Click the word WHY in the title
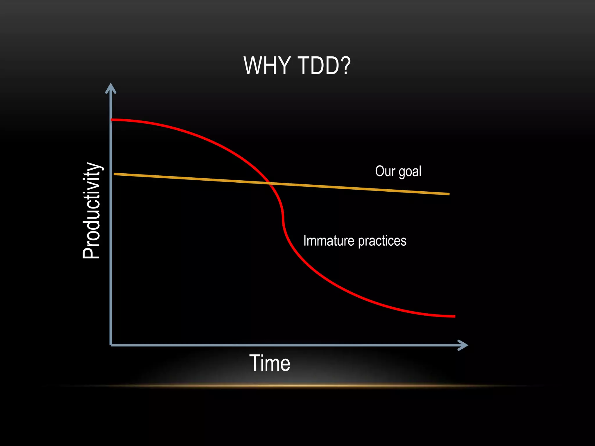266,66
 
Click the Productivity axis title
92,211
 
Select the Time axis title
270,363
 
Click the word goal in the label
410,172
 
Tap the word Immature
329,241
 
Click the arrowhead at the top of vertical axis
111,87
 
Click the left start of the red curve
112,120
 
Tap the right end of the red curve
454,316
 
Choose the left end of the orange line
114,174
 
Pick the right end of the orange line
449,194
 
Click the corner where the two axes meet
111,345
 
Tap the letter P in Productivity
92,252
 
